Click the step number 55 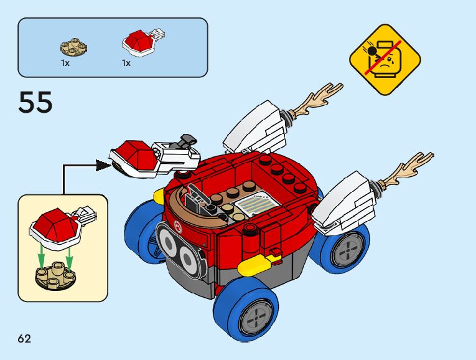35,102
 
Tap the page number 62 24,339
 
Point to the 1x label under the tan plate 65,63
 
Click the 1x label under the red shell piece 126,63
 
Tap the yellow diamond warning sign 385,60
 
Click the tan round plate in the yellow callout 54,277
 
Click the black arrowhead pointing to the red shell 103,165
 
